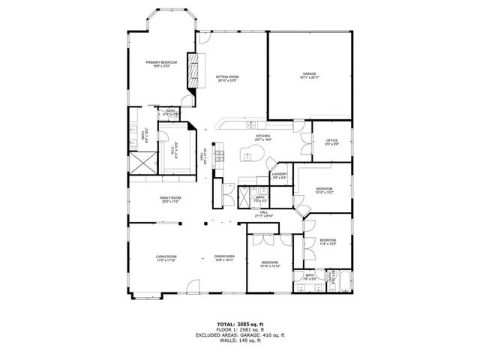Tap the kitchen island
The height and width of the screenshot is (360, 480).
pos(252,155)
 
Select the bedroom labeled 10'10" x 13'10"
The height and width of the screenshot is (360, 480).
pos(269,264)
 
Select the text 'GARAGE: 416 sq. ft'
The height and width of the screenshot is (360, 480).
pos(259,335)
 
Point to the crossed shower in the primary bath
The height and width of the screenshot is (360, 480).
pos(141,162)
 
